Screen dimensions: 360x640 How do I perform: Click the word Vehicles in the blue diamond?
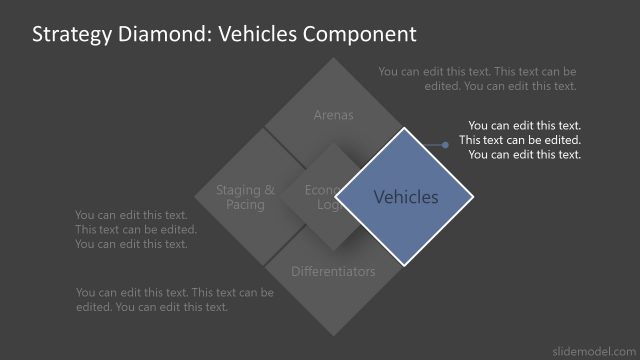pos(406,197)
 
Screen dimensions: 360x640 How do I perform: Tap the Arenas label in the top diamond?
pos(334,115)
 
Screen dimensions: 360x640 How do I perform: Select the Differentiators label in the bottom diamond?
pos(334,271)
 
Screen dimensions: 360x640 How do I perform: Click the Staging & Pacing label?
pos(246,197)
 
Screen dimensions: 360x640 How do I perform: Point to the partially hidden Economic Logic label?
pos(321,197)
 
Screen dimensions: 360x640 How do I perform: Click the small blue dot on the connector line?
pos(445,145)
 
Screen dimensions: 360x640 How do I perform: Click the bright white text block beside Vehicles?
pos(520,140)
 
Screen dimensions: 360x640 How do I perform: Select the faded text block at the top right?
pos(478,79)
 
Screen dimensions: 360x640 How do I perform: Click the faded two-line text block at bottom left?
pos(174,299)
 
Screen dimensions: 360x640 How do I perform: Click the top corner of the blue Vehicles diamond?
pos(404,128)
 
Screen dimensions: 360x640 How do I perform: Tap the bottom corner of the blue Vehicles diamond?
pos(404,265)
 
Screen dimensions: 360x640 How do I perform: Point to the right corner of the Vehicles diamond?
pos(473,196)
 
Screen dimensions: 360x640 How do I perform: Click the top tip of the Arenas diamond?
pos(334,57)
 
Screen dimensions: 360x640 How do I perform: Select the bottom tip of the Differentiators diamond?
pos(334,336)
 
